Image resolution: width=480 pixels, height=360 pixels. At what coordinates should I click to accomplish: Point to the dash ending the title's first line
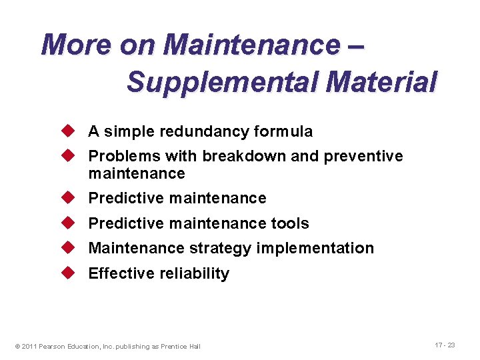tap(355, 45)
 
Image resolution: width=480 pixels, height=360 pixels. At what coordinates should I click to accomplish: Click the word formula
tap(283, 132)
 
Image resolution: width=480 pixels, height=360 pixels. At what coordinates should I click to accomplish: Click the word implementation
tap(315, 249)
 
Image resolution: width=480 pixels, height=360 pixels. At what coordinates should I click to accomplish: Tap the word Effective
tap(117, 273)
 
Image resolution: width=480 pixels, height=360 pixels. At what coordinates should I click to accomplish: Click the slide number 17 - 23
tap(445, 345)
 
